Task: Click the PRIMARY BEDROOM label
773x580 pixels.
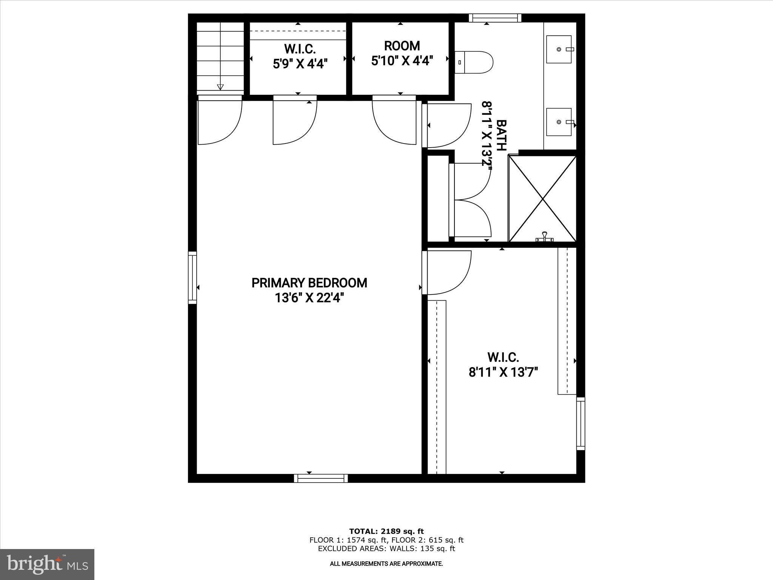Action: click(x=309, y=283)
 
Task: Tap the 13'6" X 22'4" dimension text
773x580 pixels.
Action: click(x=309, y=298)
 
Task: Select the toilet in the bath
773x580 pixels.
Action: click(x=474, y=63)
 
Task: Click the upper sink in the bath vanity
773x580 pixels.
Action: click(x=559, y=49)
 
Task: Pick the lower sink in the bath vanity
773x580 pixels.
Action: click(x=559, y=122)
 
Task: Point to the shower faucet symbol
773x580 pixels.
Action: click(x=544, y=237)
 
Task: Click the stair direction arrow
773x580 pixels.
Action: click(x=220, y=86)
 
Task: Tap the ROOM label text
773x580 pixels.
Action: click(x=402, y=46)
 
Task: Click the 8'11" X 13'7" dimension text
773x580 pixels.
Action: click(x=503, y=373)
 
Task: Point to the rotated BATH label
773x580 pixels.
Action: click(x=501, y=135)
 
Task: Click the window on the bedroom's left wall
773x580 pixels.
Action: click(x=192, y=278)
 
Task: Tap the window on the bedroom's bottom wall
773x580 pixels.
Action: click(x=321, y=478)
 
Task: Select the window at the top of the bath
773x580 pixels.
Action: click(x=495, y=18)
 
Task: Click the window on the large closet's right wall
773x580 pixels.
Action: click(x=581, y=423)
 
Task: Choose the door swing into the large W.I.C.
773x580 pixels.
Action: click(x=447, y=273)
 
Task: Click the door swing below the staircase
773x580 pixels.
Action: click(x=220, y=121)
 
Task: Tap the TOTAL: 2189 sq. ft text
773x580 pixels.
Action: click(x=386, y=532)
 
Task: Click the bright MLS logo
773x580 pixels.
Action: click(x=47, y=564)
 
